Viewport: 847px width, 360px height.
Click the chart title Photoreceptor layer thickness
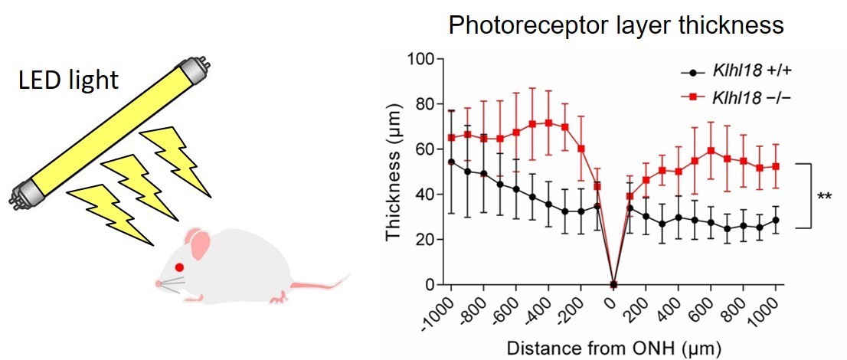pos(616,25)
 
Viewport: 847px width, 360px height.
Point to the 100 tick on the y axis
pos(423,59)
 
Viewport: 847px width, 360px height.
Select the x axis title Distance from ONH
pos(613,349)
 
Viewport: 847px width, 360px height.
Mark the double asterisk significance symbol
pos(825,197)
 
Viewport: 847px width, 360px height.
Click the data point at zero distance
pos(613,285)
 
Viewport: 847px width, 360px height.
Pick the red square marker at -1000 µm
pos(452,138)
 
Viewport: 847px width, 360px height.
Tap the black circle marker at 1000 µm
pos(776,220)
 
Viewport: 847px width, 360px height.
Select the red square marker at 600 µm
pos(711,151)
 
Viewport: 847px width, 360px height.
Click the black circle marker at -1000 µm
pos(452,162)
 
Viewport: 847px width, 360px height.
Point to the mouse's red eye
pos(179,267)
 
